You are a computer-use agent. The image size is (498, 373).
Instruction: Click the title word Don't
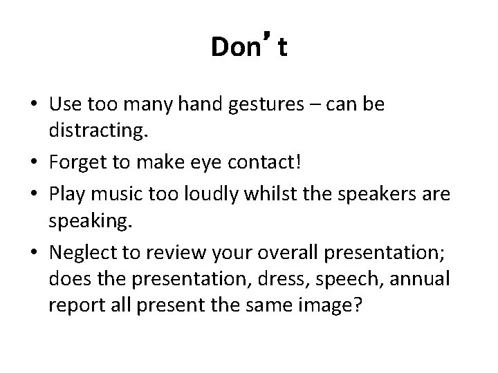pos(249,48)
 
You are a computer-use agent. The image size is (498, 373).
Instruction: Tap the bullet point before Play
pos(34,195)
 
